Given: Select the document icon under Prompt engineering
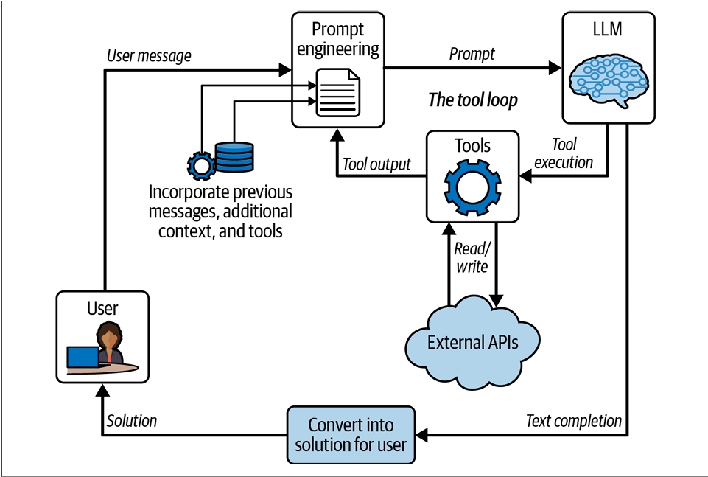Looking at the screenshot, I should coord(338,92).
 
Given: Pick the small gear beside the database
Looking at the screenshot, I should coord(200,165).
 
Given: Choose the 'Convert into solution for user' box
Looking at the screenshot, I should coord(351,435).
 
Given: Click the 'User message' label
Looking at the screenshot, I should coord(149,55).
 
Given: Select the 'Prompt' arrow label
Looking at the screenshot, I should coord(472,54).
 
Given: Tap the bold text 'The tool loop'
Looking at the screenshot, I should coord(473,100).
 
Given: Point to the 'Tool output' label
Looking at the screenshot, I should coord(377,164).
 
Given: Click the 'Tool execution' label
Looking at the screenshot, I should coord(563,153).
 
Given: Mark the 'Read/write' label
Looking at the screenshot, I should coord(472,257).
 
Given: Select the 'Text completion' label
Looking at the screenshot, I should coord(573,421).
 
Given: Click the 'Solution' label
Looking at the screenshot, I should coord(132,421).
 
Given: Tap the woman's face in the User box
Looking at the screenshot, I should coord(110,339).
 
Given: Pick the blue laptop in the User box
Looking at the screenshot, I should coord(83,357).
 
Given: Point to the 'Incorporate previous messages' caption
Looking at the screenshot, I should coord(220,211).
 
